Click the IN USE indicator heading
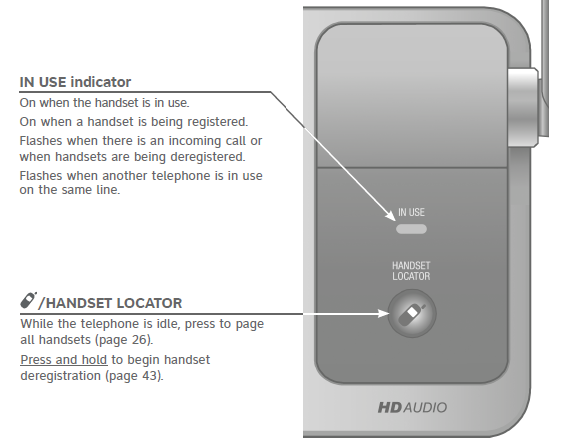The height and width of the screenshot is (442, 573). click(x=75, y=82)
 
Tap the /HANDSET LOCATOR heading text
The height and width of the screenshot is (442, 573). click(x=110, y=303)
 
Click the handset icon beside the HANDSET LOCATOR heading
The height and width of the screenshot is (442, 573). click(x=28, y=300)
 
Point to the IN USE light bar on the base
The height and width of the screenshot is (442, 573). click(x=412, y=229)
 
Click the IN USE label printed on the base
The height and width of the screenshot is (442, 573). click(x=411, y=212)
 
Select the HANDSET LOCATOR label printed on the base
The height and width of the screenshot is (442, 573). click(x=411, y=271)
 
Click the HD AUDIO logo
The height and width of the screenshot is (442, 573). click(x=412, y=407)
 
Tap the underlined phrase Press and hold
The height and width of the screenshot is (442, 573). click(x=64, y=360)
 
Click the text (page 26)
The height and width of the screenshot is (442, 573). click(x=124, y=340)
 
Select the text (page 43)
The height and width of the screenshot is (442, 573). click(x=134, y=376)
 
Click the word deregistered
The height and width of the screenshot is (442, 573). click(x=208, y=157)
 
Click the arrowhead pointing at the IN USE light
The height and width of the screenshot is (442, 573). click(x=391, y=216)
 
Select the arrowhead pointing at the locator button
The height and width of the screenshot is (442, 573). click(x=384, y=313)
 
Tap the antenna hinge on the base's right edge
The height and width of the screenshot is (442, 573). click(x=523, y=108)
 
